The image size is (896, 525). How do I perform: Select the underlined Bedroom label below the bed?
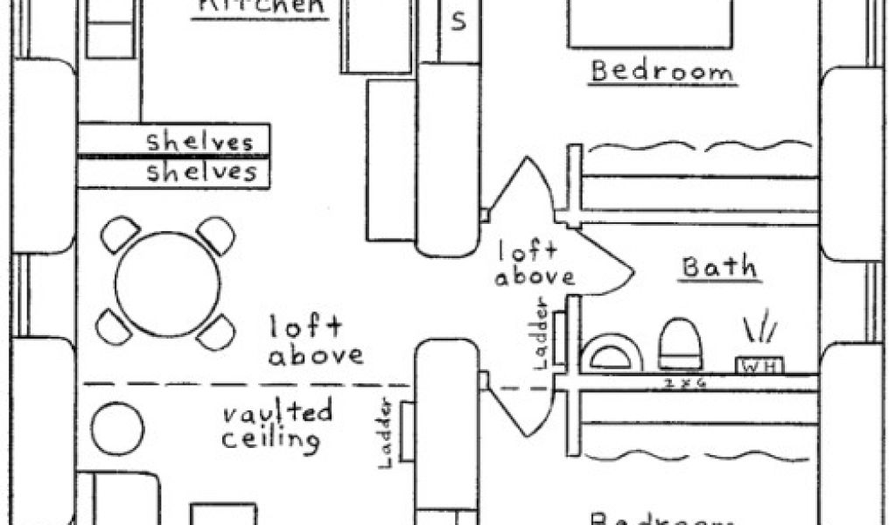click(x=661, y=71)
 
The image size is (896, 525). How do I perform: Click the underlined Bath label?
click(x=719, y=267)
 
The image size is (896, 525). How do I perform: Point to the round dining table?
click(x=167, y=283)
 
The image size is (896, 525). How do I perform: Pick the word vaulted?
click(x=276, y=411)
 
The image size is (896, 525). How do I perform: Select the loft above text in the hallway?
click(x=535, y=265)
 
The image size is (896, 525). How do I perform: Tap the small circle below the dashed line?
click(x=117, y=429)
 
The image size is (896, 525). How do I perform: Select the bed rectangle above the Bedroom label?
click(x=648, y=22)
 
